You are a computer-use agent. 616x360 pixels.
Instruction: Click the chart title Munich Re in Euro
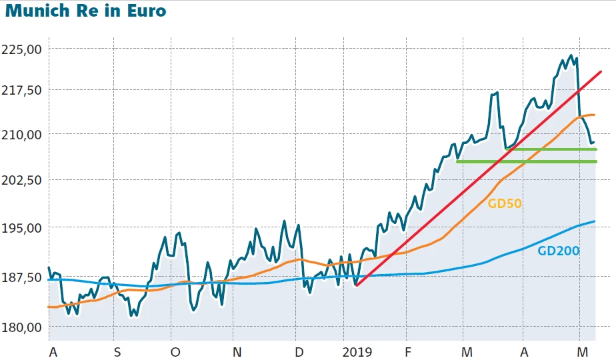85,11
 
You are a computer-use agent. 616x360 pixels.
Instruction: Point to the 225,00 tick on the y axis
22,49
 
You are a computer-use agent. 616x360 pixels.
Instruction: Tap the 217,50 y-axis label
22,89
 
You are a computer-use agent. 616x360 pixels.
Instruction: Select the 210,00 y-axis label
22,134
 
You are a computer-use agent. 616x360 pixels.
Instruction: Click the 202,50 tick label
22,180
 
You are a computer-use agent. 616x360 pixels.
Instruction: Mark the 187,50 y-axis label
22,278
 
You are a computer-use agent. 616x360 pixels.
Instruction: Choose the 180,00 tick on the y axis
22,327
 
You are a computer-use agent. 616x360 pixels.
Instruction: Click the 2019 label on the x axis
357,351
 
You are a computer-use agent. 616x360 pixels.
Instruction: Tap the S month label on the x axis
117,351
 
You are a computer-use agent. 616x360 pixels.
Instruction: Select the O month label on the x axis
175,351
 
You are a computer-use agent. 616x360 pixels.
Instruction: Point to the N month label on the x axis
237,351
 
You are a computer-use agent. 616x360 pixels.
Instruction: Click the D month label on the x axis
299,351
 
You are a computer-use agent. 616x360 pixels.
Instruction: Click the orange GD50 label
505,204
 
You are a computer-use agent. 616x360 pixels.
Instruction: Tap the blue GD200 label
558,251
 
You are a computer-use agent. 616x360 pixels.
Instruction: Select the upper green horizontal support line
553,149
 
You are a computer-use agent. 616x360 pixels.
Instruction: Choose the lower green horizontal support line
527,161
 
